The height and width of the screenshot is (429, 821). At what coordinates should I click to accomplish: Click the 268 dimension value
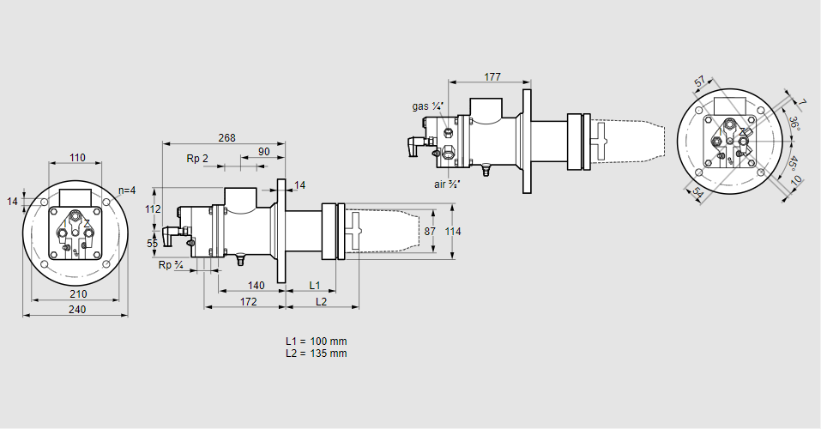(x=226, y=137)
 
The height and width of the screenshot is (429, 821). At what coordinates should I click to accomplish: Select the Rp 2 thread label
(x=197, y=159)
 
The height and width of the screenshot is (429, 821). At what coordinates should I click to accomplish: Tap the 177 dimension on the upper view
(x=492, y=77)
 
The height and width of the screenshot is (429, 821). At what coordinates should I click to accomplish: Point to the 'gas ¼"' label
(x=427, y=106)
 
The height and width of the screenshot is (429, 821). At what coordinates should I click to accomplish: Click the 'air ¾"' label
(x=448, y=184)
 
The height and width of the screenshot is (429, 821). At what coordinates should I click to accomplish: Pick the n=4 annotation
(x=125, y=190)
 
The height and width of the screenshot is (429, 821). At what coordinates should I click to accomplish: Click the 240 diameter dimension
(x=75, y=310)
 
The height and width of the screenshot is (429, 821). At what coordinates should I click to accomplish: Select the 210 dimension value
(x=75, y=294)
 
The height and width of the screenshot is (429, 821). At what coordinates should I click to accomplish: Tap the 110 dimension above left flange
(x=77, y=158)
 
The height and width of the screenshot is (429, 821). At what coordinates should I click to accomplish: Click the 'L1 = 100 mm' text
(x=317, y=341)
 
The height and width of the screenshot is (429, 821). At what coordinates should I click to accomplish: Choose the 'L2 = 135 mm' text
(x=317, y=353)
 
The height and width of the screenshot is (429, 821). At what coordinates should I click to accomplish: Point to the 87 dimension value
(x=431, y=232)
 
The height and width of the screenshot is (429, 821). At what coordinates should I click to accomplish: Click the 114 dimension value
(x=453, y=232)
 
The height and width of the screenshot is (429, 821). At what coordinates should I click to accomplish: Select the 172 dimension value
(x=248, y=301)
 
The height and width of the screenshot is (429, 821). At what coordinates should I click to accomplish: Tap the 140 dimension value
(x=256, y=285)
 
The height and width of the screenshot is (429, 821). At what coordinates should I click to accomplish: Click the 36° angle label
(x=794, y=122)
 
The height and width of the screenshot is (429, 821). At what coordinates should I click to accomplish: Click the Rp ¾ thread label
(x=171, y=265)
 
